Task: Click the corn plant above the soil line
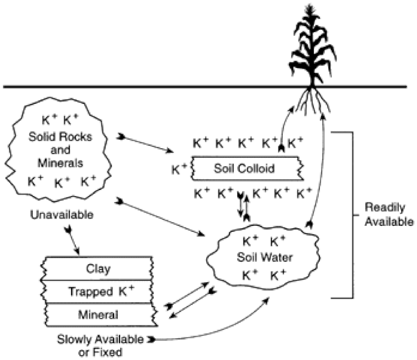[313, 49]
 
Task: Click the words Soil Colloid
[247, 168]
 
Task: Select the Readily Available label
[389, 214]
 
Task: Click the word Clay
[98, 268]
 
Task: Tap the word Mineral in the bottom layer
[98, 314]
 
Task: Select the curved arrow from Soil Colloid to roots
[285, 121]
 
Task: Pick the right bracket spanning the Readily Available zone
[349, 214]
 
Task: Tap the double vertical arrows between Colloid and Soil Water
[243, 206]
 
